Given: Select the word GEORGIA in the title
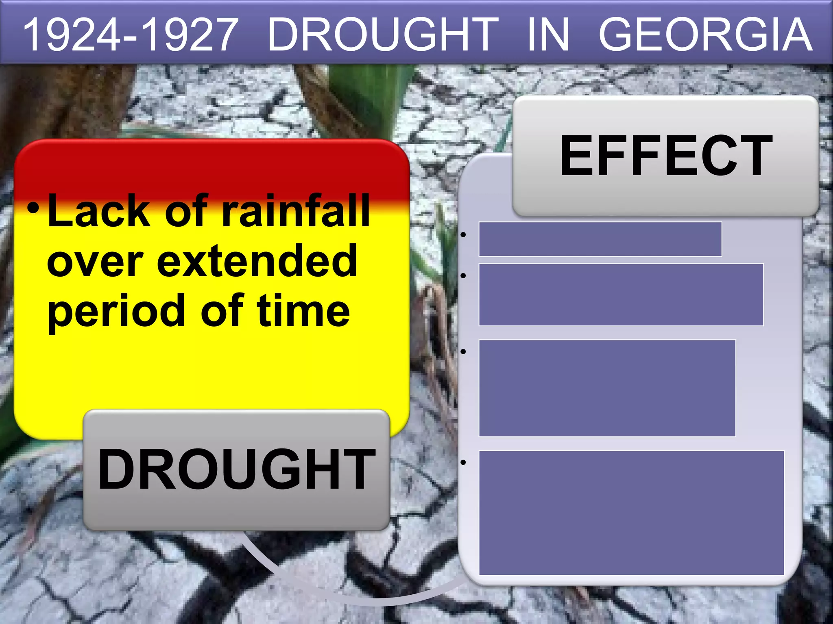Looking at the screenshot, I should point(705,35).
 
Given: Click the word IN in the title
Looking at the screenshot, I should point(548,35).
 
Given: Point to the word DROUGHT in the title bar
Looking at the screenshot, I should point(383,35).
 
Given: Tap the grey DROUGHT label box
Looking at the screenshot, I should point(236,470).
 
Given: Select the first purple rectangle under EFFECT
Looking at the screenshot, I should point(600,239).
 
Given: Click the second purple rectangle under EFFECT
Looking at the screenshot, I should point(621,295).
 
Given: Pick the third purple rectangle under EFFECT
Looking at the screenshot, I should point(607,388).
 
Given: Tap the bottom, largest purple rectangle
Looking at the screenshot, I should point(631,513).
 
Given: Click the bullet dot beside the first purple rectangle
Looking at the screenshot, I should point(463,235).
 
